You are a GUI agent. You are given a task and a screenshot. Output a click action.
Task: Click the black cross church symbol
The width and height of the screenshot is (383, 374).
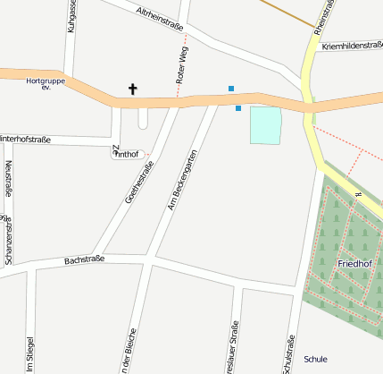pyautogui.click(x=134, y=89)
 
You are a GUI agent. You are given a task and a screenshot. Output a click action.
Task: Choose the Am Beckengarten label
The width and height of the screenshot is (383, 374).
pyautogui.click(x=181, y=183)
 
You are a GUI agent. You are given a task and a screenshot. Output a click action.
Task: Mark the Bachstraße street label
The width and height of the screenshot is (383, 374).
pyautogui.click(x=85, y=259)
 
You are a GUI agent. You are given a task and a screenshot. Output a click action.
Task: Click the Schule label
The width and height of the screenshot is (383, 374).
pyautogui.click(x=315, y=359)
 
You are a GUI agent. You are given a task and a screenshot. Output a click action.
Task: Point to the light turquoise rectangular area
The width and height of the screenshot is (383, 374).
pyautogui.click(x=265, y=124)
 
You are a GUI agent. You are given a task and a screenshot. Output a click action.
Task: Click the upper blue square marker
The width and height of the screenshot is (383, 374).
pyautogui.click(x=231, y=89)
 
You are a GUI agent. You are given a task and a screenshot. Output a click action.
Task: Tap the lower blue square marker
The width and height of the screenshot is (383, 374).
pyautogui.click(x=238, y=109)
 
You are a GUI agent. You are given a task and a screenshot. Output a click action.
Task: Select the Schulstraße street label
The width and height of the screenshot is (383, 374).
pyautogui.click(x=287, y=353)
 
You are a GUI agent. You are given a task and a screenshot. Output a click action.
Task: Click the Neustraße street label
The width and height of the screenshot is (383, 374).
pyautogui.click(x=8, y=178)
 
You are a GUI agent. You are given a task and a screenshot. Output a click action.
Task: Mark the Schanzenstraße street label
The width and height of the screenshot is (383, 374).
pyautogui.click(x=8, y=240)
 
